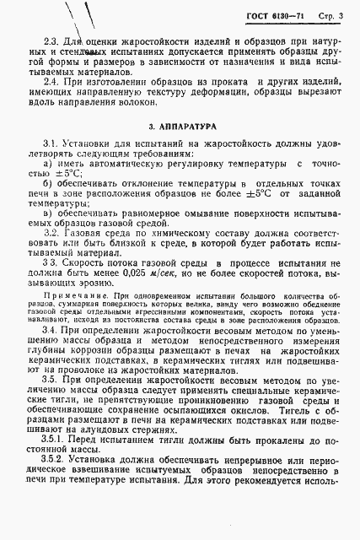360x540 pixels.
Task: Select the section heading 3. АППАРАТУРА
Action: (x=180, y=126)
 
